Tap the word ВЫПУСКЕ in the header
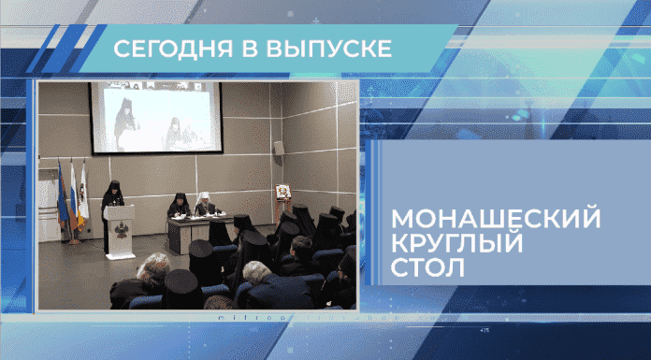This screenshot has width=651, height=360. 318,49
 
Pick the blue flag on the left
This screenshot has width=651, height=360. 62,192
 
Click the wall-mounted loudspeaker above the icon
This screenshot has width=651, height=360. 278,148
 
